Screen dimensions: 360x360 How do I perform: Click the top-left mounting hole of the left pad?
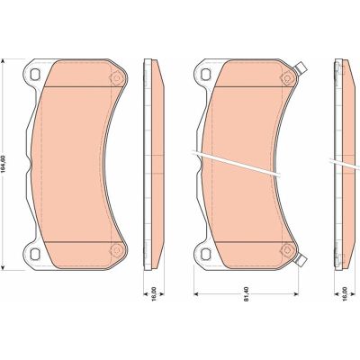(x=34, y=74)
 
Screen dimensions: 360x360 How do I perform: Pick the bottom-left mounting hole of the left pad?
(x=34, y=255)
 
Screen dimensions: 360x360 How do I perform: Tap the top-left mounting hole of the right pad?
(x=206, y=74)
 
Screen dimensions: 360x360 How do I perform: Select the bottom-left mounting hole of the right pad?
(x=206, y=255)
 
